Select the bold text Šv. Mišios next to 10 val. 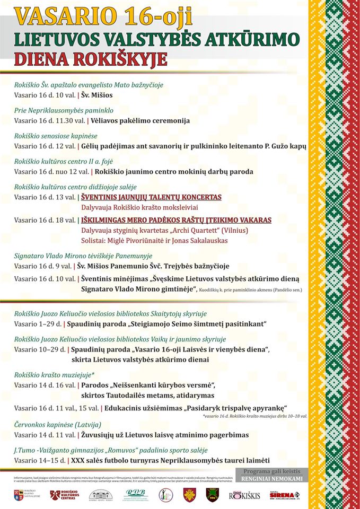(97, 95)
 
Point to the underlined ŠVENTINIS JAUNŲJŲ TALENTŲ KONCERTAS (151, 197)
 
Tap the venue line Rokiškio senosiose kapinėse (56, 136)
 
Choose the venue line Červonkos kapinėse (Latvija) (57, 424)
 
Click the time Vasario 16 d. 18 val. (45, 220)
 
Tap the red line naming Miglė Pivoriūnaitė (154, 240)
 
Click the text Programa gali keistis (272, 471)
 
